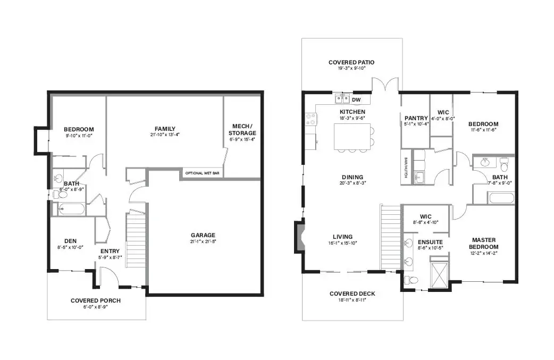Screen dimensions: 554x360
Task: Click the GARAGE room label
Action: point(203,235)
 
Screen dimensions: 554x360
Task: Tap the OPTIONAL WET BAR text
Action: point(202,173)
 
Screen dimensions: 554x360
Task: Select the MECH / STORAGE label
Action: point(242,130)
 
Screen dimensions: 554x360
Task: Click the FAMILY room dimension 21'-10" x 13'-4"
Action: point(165,135)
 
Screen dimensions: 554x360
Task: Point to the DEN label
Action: point(70,241)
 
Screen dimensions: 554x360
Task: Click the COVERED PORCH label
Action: point(95,300)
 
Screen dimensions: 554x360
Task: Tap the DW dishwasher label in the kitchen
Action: point(356,99)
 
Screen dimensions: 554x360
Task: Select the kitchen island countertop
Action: point(352,136)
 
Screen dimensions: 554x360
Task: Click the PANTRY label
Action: point(416,118)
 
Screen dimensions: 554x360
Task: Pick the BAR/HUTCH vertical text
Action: point(406,168)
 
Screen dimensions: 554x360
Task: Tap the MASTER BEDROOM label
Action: point(484,244)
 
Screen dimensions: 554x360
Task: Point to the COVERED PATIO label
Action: point(351,63)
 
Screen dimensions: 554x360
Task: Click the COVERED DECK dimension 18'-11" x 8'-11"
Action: point(352,300)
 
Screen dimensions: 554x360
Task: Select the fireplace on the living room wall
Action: point(299,237)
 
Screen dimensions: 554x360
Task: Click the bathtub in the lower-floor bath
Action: point(71,209)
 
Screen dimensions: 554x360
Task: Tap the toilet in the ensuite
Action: point(410,280)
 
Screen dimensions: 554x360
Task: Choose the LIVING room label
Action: point(343,237)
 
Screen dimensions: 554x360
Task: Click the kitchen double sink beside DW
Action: point(342,99)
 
